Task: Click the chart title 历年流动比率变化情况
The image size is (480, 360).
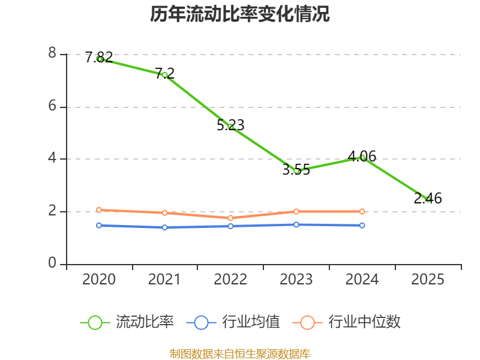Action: (239, 14)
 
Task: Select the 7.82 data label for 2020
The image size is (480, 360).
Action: (99, 57)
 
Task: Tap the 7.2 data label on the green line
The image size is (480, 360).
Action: (164, 73)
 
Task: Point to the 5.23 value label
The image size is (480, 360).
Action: (230, 125)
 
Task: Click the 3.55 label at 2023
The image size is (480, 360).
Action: (296, 170)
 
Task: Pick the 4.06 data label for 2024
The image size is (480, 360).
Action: (362, 157)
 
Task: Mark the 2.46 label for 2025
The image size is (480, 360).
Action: (428, 199)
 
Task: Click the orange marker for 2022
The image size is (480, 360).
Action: (230, 218)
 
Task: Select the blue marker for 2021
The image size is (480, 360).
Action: (164, 227)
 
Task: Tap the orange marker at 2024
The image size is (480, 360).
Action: (362, 212)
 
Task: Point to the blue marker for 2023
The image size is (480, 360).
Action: (296, 224)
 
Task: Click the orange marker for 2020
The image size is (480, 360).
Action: (99, 210)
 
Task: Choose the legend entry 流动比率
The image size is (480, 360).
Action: (127, 322)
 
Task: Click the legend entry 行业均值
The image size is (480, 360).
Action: (233, 322)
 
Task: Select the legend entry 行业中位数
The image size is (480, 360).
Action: (347, 322)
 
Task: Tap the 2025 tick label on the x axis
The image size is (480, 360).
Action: (428, 280)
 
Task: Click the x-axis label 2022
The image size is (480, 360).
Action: (230, 280)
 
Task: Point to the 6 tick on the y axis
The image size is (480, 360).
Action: (52, 106)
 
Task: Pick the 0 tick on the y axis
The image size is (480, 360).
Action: (52, 263)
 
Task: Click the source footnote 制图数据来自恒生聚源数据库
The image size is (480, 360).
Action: (239, 353)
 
